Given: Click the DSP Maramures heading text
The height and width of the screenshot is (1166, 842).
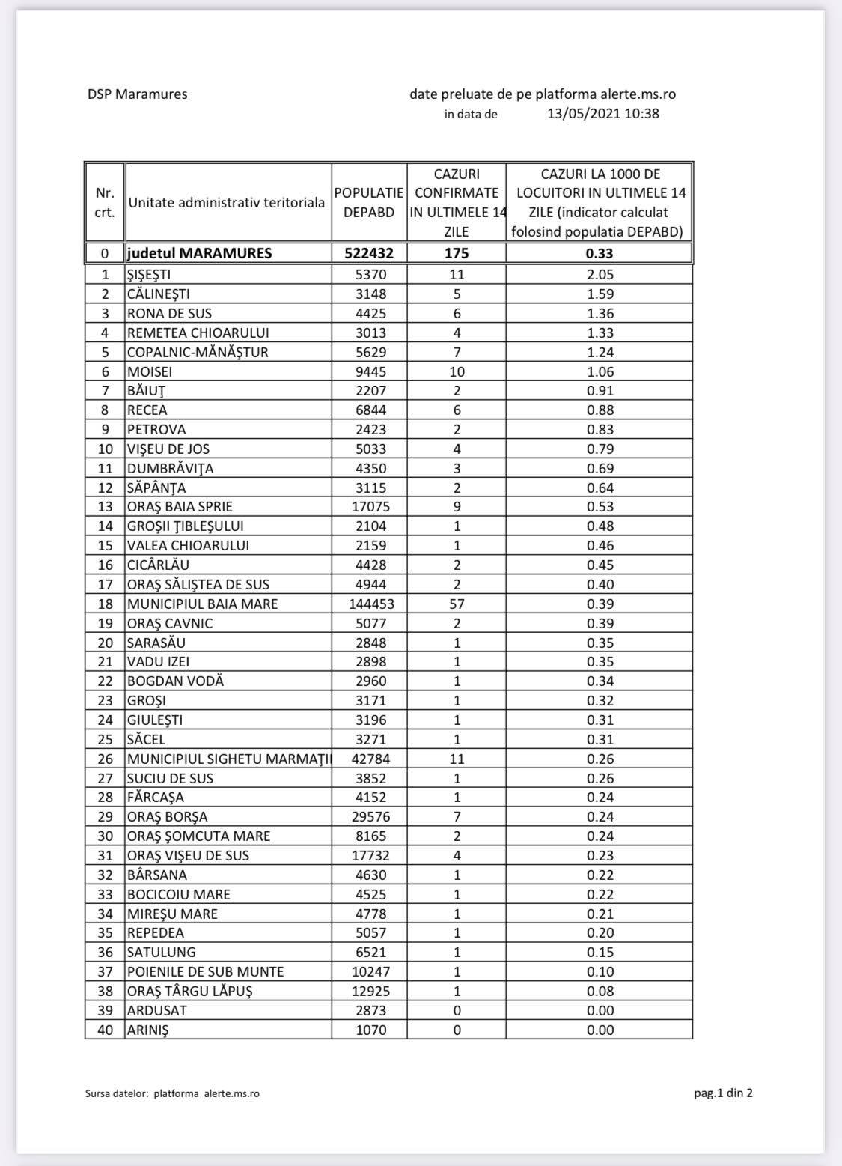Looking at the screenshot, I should pyautogui.click(x=138, y=94).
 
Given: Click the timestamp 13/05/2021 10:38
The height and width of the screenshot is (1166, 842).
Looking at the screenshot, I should pyautogui.click(x=603, y=114).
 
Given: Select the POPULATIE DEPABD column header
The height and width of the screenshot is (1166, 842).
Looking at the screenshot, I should pyautogui.click(x=369, y=202).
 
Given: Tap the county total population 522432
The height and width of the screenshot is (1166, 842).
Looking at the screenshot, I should pyautogui.click(x=369, y=253).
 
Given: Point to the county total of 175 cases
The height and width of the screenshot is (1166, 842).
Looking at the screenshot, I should pyautogui.click(x=457, y=253).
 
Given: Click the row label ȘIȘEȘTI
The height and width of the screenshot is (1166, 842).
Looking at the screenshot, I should pyautogui.click(x=149, y=275).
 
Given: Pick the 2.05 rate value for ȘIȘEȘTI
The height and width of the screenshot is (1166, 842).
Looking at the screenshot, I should pyautogui.click(x=600, y=275).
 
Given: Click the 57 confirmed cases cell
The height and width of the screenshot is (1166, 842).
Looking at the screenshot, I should pyautogui.click(x=457, y=604).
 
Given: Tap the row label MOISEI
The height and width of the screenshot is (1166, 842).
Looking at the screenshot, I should pyautogui.click(x=150, y=371).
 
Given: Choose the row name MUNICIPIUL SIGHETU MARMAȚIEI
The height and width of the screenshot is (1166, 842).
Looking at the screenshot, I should pyautogui.click(x=228, y=759).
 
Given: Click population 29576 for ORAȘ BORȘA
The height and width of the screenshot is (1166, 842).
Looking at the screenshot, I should pyautogui.click(x=370, y=817).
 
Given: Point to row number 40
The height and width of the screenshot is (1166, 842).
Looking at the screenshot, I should pyautogui.click(x=106, y=1030).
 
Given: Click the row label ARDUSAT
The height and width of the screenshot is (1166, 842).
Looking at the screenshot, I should pyautogui.click(x=157, y=1010).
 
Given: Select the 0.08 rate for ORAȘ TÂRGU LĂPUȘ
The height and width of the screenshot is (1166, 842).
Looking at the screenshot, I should pyautogui.click(x=600, y=991).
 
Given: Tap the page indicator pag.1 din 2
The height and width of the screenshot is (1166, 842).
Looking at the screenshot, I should pyautogui.click(x=723, y=1093).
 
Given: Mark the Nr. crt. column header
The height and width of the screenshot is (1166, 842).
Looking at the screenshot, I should pyautogui.click(x=105, y=202).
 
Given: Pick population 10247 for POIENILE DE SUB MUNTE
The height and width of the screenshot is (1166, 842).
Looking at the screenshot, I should pyautogui.click(x=370, y=971).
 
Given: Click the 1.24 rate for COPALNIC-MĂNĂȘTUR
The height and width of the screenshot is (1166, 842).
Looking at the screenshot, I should pyautogui.click(x=600, y=352).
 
